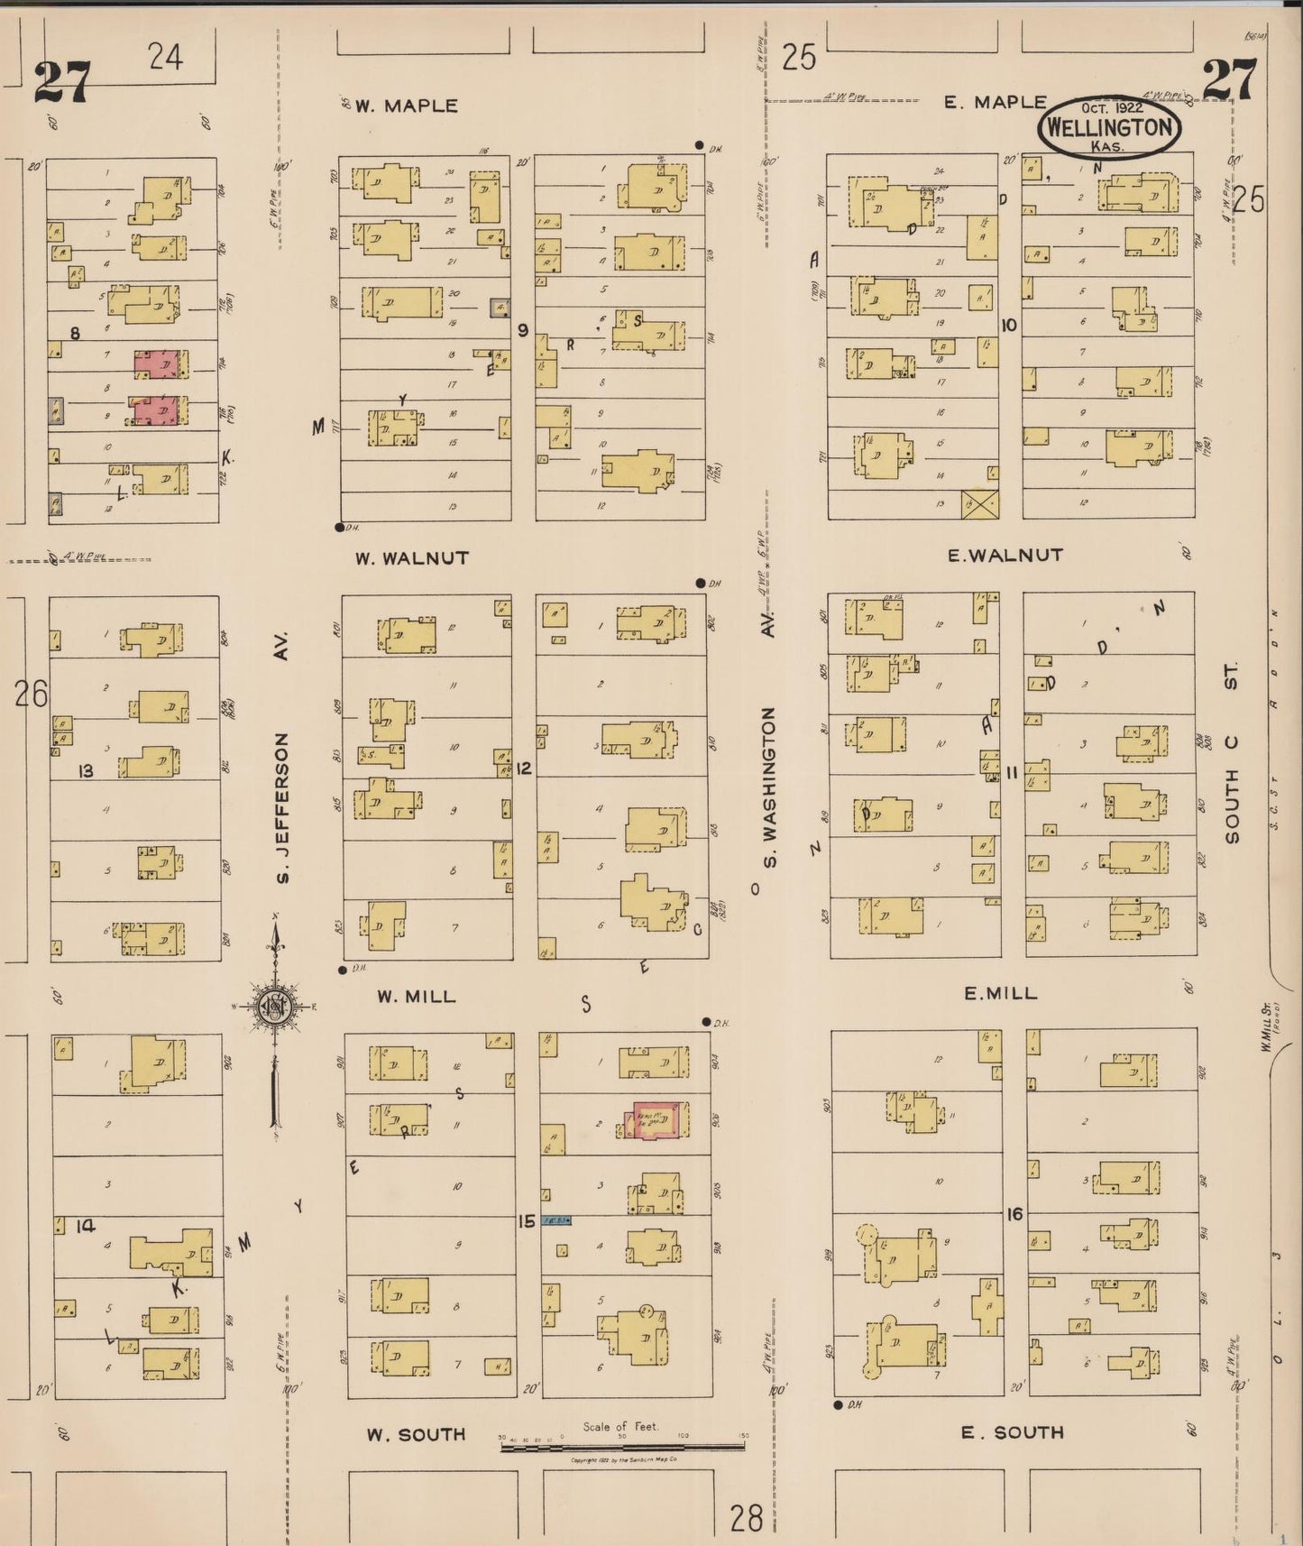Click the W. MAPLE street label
tap(406, 106)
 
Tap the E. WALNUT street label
tap(1005, 556)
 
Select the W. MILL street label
tap(416, 997)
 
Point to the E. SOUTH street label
tap(1012, 1432)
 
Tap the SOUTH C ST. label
tap(1231, 754)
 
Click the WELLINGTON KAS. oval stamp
tap(1108, 127)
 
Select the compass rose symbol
tap(273, 1007)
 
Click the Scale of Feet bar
tap(622, 1447)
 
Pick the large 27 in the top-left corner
tap(62, 82)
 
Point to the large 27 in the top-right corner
tap(1229, 79)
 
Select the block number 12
tap(524, 768)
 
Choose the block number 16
tap(1014, 1214)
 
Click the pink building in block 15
tap(656, 1120)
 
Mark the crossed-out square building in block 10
tap(980, 503)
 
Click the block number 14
tap(86, 1225)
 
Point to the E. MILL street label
tap(1000, 993)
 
